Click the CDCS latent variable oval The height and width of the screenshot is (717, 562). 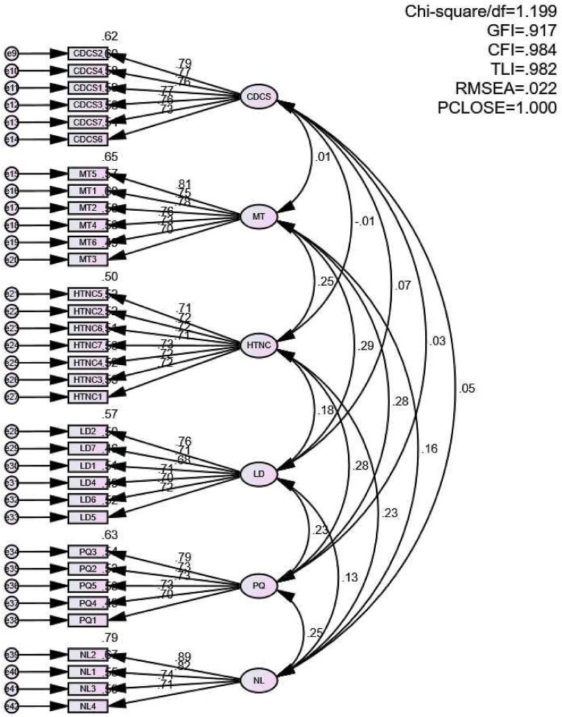pyautogui.click(x=258, y=96)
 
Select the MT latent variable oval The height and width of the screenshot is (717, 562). pyautogui.click(x=258, y=216)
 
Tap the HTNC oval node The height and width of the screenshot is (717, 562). pyautogui.click(x=258, y=346)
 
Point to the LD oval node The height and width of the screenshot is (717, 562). pyautogui.click(x=258, y=475)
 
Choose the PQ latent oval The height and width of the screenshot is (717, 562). pyautogui.click(x=258, y=586)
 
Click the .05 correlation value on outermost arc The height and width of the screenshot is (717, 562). pyautogui.click(x=466, y=390)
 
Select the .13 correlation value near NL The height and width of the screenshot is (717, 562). pyautogui.click(x=352, y=577)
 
